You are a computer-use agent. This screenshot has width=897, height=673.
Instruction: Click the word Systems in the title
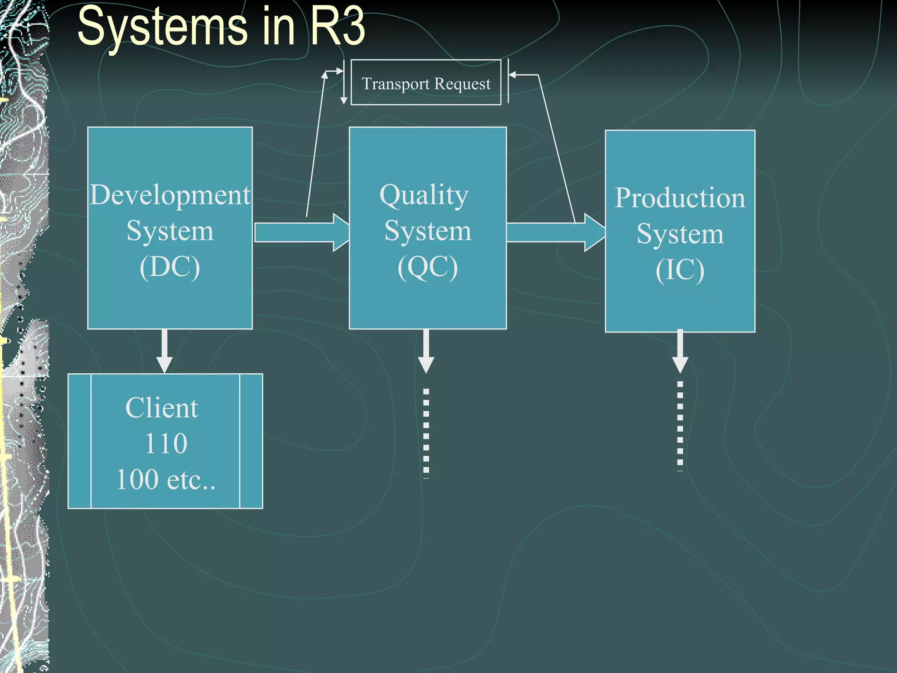click(x=162, y=27)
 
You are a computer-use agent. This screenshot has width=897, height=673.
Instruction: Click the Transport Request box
click(x=426, y=83)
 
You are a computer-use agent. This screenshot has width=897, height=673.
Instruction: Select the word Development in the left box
click(x=170, y=195)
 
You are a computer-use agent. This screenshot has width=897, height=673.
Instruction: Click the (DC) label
click(x=170, y=267)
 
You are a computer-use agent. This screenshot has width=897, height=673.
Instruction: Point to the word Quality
click(x=424, y=195)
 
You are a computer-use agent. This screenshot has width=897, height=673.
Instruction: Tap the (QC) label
click(x=427, y=267)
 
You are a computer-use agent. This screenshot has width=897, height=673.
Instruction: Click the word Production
click(x=680, y=198)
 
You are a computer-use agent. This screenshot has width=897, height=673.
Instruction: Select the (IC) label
click(x=680, y=270)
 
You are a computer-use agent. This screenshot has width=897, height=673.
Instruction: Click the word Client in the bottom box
click(x=162, y=408)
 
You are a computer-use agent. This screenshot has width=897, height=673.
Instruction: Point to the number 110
click(x=166, y=443)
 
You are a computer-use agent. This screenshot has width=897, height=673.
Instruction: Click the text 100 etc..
click(x=166, y=480)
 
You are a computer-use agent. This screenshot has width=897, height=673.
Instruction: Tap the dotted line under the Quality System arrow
click(x=426, y=432)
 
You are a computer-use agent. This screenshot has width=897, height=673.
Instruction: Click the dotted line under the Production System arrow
click(x=680, y=425)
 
